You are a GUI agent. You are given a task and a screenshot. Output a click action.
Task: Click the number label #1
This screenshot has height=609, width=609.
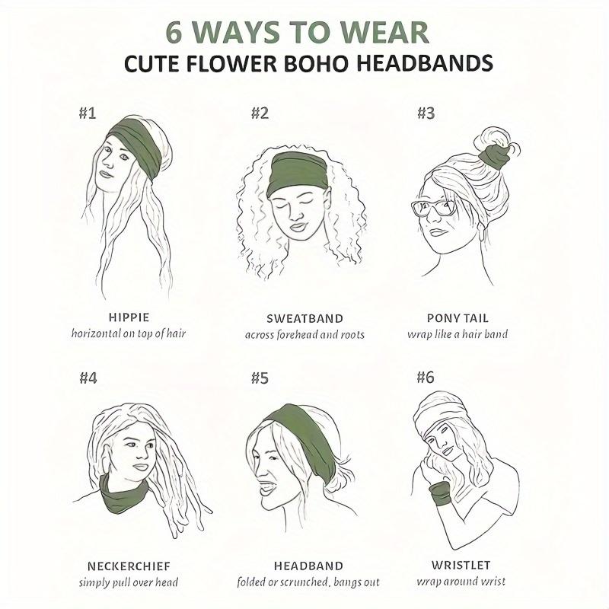(88, 114)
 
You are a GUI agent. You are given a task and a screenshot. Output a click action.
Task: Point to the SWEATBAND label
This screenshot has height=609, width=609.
(304, 318)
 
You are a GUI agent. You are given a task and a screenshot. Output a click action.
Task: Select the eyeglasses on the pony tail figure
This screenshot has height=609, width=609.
(433, 207)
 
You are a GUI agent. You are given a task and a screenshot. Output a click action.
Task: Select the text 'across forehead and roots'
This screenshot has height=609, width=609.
(304, 335)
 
